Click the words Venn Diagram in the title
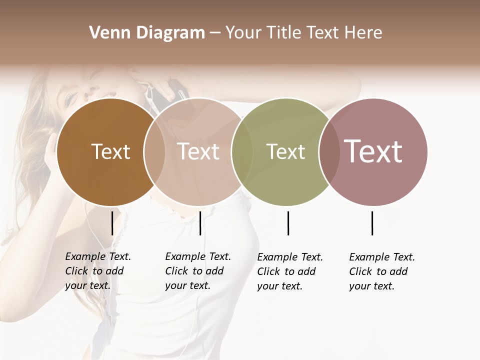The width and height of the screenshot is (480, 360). point(147,33)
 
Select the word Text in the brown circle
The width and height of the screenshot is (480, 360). point(110,151)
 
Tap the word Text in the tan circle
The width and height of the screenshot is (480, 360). point(198,151)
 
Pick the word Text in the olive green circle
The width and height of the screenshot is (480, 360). point(285,151)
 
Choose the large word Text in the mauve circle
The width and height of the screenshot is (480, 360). point(373,151)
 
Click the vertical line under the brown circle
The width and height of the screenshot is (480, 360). point(112,223)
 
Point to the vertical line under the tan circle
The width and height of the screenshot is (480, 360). point(200,223)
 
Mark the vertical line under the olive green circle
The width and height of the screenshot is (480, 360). point(288,223)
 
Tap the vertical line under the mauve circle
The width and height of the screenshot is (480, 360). point(372,223)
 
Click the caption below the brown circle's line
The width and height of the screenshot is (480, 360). point(97,271)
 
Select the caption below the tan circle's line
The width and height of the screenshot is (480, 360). point(197,271)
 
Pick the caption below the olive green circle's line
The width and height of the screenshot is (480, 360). point(289,271)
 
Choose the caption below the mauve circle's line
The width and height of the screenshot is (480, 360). point(381,271)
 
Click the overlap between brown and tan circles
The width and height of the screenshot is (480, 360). point(154,152)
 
